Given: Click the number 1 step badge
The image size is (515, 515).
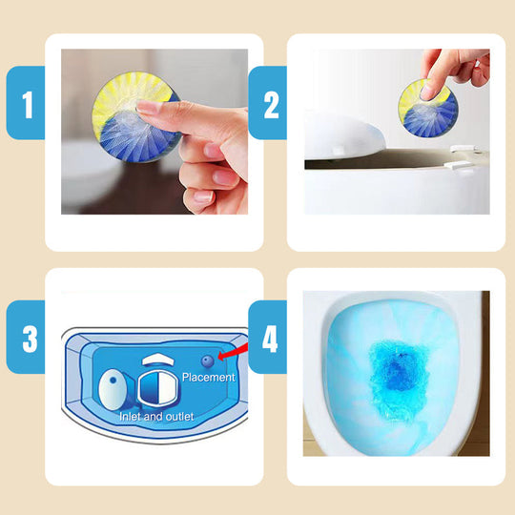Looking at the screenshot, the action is click(x=26, y=103).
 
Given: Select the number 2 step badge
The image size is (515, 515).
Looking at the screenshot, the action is click(x=267, y=103).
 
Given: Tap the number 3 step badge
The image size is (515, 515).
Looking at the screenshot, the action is click(x=26, y=337).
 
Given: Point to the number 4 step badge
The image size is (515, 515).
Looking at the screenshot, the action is click(x=267, y=337).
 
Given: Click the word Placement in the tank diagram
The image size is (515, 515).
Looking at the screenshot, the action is click(x=209, y=377).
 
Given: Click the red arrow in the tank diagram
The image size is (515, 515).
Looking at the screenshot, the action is click(x=233, y=351).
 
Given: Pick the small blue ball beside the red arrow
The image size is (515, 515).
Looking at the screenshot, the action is click(x=208, y=361).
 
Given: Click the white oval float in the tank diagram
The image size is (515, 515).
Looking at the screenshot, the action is click(x=113, y=389).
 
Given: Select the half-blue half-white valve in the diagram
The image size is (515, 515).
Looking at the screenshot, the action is click(x=157, y=388).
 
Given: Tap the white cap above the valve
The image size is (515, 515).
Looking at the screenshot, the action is click(x=158, y=360).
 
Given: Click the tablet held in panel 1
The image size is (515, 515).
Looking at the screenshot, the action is click(x=136, y=116).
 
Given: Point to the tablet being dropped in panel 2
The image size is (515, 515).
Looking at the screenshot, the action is click(x=428, y=108).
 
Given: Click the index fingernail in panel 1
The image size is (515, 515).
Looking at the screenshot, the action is click(x=149, y=108).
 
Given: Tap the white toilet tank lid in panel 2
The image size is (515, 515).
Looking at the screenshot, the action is click(x=343, y=136).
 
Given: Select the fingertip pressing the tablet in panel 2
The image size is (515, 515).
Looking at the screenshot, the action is click(x=428, y=92).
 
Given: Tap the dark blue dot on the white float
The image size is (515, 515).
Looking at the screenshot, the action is click(x=113, y=380).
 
